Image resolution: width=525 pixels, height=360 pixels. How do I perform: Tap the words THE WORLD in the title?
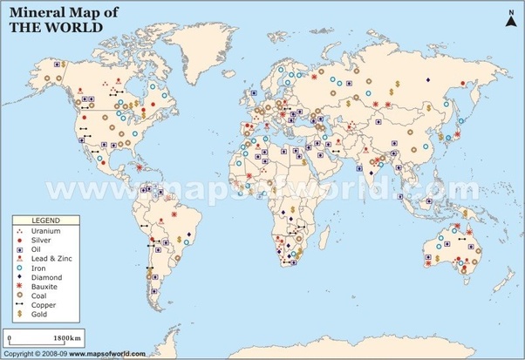coord(52,27)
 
